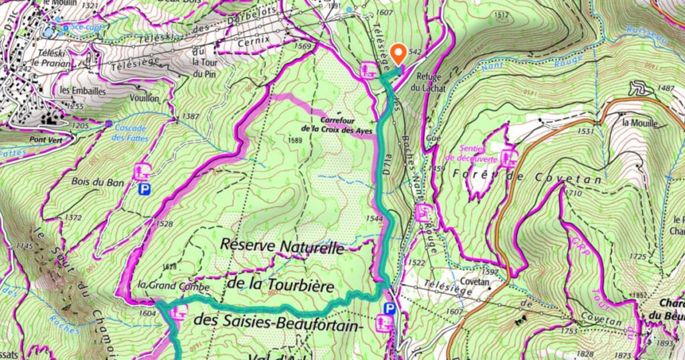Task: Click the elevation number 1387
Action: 191,117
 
